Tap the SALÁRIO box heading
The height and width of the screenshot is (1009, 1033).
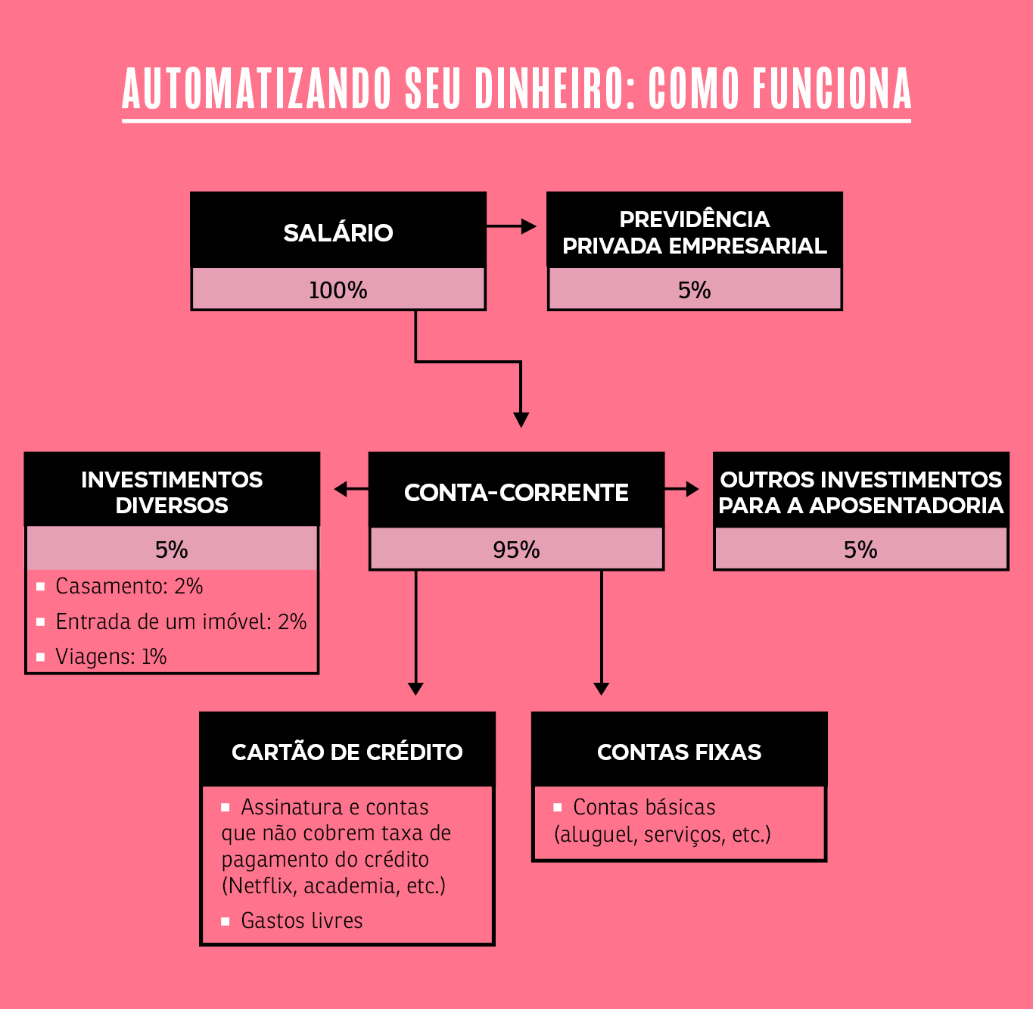[338, 232]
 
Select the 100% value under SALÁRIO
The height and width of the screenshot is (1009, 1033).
[338, 290]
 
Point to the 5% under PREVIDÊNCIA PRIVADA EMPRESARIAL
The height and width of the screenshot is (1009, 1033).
[694, 290]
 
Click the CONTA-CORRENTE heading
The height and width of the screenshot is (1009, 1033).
[516, 493]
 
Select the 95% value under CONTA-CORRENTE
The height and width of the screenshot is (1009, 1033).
[516, 550]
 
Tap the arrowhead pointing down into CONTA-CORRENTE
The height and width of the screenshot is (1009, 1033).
[521, 419]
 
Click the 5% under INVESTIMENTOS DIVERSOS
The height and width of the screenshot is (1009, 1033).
[172, 550]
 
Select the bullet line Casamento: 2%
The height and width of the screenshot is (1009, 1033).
[129, 587]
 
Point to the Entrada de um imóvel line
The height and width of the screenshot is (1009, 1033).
[180, 622]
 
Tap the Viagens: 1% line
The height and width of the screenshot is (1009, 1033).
[110, 657]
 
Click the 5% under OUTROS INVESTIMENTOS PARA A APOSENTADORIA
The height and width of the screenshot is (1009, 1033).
[860, 550]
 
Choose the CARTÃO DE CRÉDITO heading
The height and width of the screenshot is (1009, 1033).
[347, 752]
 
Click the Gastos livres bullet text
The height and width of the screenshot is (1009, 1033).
[301, 921]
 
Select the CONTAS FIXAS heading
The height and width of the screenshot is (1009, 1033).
[679, 752]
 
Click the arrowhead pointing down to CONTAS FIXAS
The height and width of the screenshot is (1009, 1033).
[601, 688]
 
